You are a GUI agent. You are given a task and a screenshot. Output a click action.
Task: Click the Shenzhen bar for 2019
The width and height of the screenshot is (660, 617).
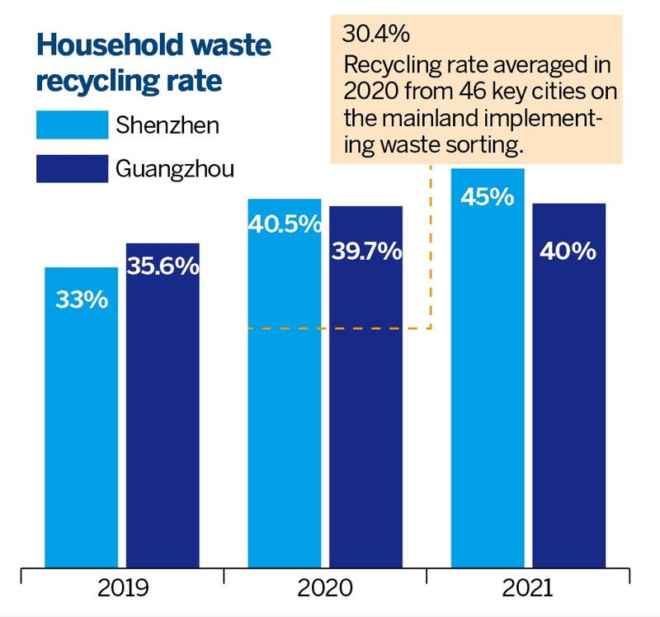81,417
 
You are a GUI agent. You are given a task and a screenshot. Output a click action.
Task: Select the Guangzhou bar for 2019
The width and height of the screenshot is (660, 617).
163,405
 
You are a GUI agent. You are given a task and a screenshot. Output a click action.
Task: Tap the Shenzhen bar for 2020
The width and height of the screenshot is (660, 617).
285,384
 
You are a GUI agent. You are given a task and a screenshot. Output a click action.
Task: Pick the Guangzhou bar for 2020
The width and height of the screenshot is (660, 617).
365,387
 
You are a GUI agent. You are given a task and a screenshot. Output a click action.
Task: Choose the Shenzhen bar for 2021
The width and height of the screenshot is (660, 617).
488,368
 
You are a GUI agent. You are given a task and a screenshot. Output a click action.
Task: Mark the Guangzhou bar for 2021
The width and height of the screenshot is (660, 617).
569,385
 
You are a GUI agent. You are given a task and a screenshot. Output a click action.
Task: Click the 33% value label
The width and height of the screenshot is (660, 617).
82,299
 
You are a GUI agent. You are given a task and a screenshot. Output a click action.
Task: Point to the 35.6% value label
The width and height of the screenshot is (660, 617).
163,266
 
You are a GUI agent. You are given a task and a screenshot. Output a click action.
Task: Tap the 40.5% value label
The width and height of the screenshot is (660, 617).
285,224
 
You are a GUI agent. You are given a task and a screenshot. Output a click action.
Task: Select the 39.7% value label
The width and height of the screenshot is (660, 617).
366,252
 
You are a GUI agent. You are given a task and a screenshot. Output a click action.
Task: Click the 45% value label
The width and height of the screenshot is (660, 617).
488,196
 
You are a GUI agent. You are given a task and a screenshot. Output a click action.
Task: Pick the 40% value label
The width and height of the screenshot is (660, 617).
568,252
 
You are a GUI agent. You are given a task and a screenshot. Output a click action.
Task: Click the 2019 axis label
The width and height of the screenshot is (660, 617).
123,588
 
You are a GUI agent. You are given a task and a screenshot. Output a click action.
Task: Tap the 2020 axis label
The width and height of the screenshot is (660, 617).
325,588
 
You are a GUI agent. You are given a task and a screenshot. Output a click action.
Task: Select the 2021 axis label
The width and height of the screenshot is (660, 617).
527,588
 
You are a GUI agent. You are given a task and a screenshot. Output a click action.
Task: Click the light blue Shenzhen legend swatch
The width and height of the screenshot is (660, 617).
73,125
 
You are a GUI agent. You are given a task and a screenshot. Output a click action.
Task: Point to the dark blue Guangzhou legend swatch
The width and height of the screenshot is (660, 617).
73,169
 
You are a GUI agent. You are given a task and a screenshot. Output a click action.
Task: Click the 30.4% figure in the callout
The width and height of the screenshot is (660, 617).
375,34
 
